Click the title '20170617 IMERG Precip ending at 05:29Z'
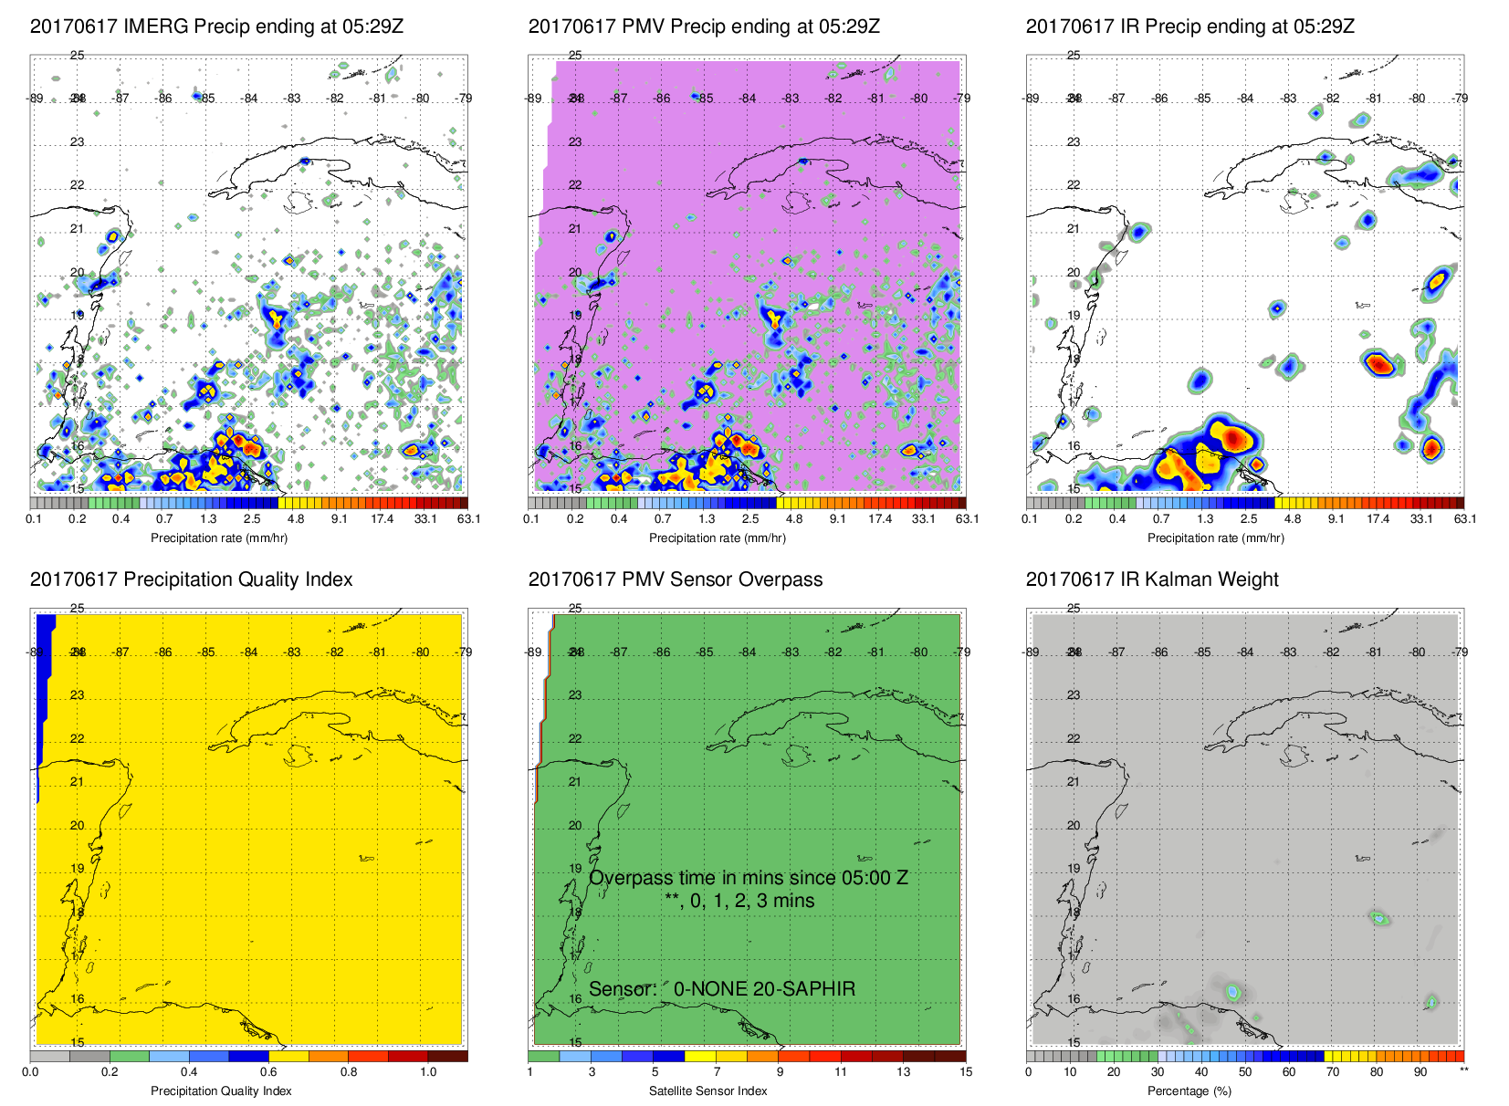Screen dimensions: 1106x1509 tap(216, 26)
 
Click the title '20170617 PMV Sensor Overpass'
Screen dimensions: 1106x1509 tap(675, 579)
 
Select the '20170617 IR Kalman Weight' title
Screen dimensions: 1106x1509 tap(1151, 579)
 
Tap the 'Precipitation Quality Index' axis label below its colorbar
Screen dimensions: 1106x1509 tap(221, 1090)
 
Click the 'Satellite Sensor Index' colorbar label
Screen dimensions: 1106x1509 tap(707, 1090)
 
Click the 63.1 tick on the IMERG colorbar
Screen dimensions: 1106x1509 tap(468, 518)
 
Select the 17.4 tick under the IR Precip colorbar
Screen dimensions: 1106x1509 tap(1378, 518)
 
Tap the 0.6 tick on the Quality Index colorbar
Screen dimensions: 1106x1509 tap(268, 1071)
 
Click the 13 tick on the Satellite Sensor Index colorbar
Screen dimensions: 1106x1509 tap(903, 1071)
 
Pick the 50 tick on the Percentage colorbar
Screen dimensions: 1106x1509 tap(1245, 1071)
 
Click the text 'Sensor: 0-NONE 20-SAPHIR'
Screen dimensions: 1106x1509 tap(722, 989)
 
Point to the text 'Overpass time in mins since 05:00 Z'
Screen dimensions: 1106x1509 tap(748, 878)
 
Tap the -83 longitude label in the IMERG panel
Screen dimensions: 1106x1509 tap(292, 99)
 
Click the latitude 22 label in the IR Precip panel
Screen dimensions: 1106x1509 tap(1074, 185)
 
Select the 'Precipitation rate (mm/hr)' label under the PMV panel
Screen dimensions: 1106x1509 tap(717, 537)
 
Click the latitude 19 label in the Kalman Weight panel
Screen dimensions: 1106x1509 tap(1074, 869)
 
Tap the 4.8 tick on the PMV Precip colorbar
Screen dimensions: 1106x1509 tap(794, 518)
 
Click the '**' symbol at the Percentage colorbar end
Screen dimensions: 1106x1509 tap(1463, 1071)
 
